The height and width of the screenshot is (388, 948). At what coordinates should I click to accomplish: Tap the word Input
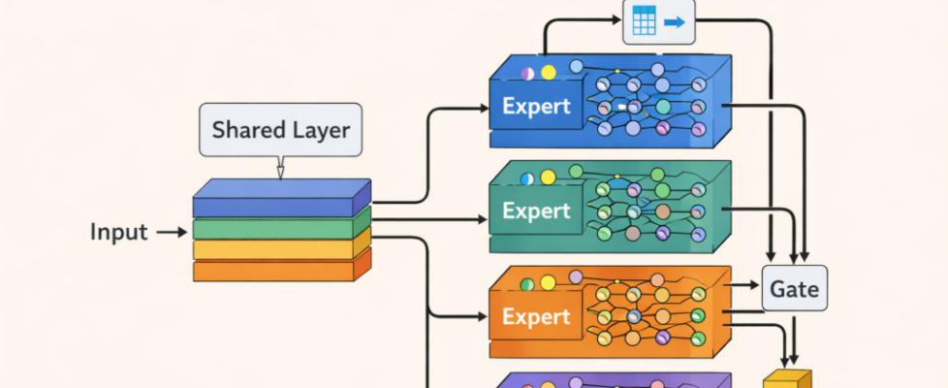point(118,233)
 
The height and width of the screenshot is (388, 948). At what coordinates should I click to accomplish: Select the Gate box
point(795,288)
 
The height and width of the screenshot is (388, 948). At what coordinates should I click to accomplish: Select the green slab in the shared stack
point(276,229)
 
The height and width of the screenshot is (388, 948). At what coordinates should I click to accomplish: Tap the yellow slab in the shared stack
point(276,249)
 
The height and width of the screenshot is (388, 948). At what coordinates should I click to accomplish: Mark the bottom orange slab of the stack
point(276,270)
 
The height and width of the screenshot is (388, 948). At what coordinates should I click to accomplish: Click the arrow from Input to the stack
point(172,233)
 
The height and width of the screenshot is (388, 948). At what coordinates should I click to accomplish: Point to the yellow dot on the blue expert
point(548,72)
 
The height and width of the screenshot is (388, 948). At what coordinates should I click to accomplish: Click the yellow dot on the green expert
point(548,178)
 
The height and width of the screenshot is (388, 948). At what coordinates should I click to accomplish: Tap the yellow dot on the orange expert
point(548,284)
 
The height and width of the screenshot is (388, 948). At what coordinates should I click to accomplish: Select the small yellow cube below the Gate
point(786,379)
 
